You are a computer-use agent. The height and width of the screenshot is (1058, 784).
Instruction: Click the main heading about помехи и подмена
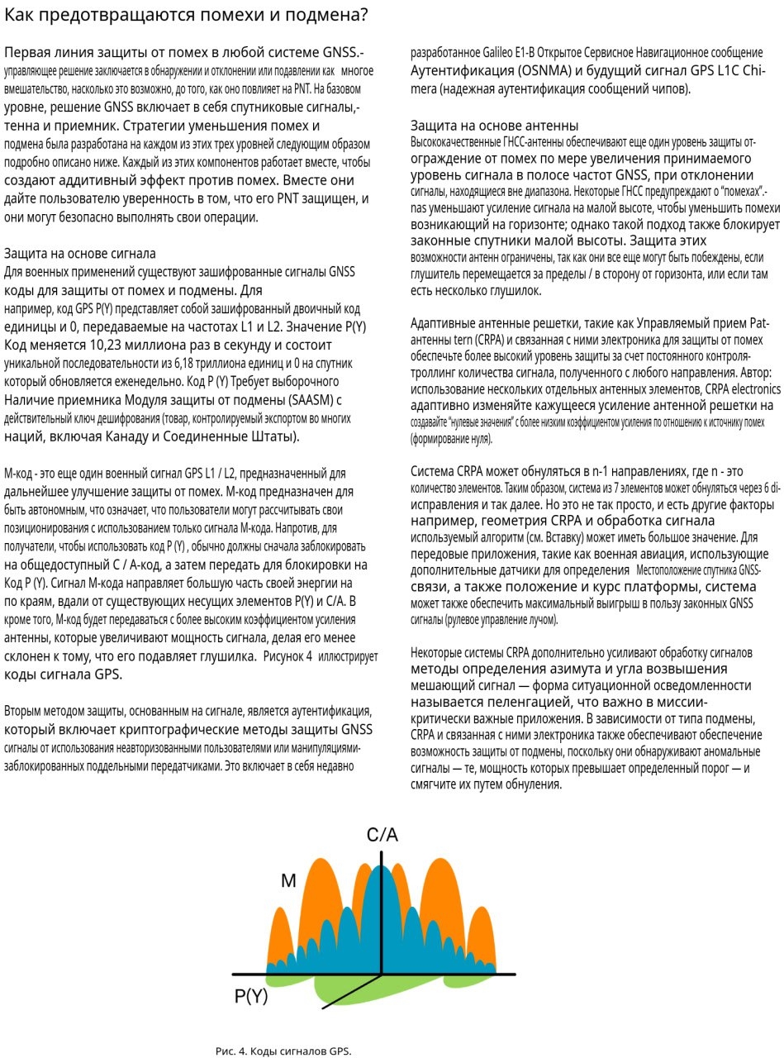coord(187,17)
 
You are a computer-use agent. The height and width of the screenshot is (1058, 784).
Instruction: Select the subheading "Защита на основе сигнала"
coord(80,253)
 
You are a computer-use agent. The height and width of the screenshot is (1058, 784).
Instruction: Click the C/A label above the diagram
coord(382,836)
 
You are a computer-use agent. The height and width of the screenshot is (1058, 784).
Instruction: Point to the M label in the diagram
coord(288,881)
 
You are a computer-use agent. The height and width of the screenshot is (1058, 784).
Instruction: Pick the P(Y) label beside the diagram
coord(251,997)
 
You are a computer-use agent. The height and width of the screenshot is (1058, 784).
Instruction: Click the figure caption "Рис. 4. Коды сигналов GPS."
coord(283,1051)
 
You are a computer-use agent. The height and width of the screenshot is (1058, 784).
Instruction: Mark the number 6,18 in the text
coord(188,364)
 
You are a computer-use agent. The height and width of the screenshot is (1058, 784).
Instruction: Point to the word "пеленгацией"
coord(520,701)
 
